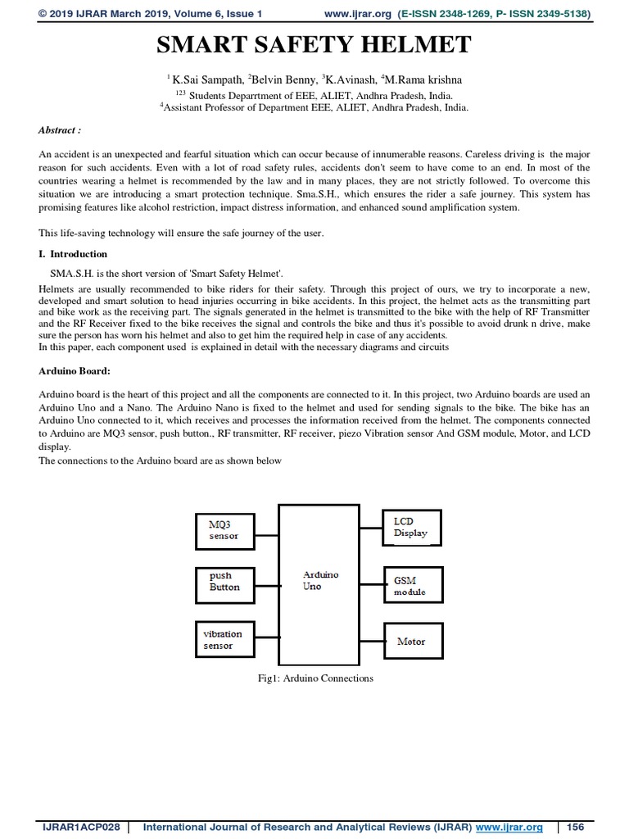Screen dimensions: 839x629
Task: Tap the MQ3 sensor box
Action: [x=225, y=529]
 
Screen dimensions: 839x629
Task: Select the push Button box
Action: [x=225, y=582]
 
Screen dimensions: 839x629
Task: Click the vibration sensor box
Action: [x=225, y=639]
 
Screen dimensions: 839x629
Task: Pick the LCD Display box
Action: [x=412, y=527]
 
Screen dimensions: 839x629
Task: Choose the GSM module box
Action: [x=412, y=585]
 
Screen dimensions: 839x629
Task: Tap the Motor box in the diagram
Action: [x=412, y=642]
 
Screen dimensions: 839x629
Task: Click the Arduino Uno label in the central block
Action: [x=319, y=582]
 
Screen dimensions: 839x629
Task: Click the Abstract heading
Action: [x=60, y=130]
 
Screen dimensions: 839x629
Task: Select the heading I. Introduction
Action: [x=73, y=254]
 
